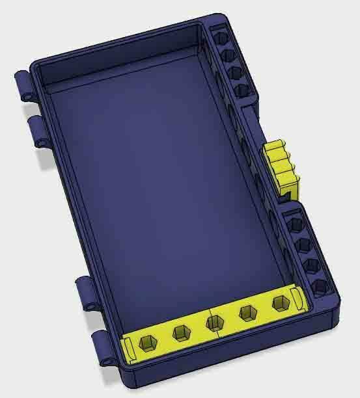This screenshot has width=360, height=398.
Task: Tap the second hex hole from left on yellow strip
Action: [180, 333]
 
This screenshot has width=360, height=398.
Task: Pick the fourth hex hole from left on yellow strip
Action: [247, 313]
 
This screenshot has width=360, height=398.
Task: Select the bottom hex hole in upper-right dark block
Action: [242, 90]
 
